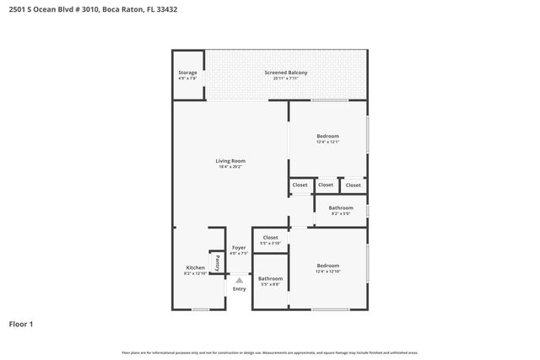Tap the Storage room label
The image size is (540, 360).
[x=187, y=73]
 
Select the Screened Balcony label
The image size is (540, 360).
[x=285, y=73]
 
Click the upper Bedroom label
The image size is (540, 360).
[x=327, y=137]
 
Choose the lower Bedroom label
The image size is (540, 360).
[x=327, y=265]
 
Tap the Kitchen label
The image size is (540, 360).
[x=195, y=268]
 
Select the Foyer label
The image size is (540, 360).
[x=240, y=248]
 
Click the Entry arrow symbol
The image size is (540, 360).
[x=240, y=280]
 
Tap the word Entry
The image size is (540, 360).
[x=240, y=289]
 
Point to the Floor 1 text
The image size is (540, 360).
[x=21, y=324]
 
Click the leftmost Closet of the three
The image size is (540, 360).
[x=300, y=185]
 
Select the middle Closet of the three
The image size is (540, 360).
[x=326, y=185]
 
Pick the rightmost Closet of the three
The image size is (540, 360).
[x=353, y=185]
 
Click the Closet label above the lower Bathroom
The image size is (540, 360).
[x=270, y=238]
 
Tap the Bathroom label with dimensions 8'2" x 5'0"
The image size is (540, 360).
[x=341, y=207]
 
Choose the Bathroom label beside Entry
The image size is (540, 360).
[x=270, y=278]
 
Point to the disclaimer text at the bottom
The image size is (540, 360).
[x=269, y=352]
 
